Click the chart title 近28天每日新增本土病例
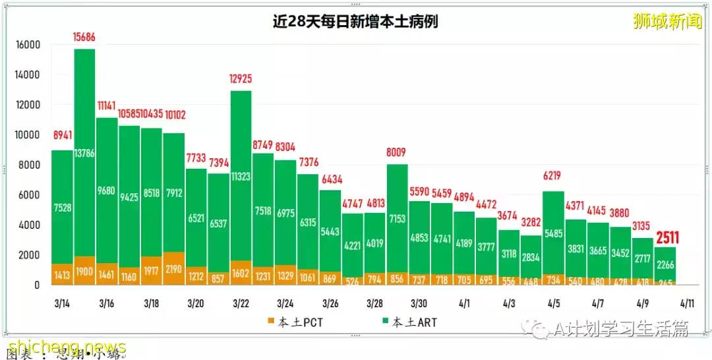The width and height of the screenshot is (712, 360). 355,22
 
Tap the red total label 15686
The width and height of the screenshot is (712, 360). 84,38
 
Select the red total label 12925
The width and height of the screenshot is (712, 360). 241,79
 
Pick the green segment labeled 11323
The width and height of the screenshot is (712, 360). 241,176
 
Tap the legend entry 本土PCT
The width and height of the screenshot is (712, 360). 297,322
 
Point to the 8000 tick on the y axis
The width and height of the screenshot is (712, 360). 29,165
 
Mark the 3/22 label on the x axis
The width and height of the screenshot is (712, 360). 241,304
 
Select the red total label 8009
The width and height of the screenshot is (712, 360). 397,153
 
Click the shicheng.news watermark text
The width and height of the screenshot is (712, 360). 66,347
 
